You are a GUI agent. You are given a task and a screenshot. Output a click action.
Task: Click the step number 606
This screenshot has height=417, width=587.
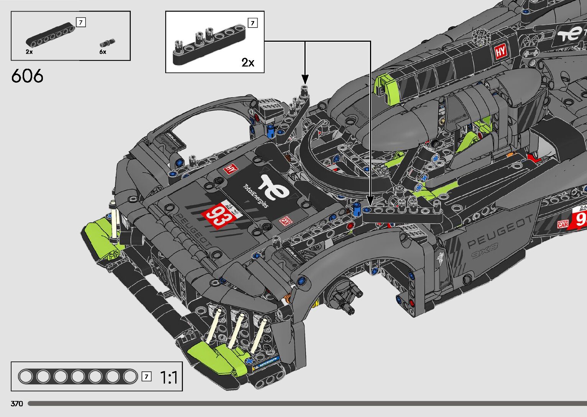27,76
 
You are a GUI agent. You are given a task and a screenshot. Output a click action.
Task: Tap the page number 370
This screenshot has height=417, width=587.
17,404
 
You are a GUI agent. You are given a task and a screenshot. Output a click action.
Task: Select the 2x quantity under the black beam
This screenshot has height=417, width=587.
29,52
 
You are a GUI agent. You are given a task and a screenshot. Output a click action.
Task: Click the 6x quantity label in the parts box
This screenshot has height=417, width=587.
103,52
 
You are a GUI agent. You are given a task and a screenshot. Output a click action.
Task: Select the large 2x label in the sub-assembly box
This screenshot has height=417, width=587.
248,62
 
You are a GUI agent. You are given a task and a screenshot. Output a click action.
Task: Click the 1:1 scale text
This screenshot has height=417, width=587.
168,378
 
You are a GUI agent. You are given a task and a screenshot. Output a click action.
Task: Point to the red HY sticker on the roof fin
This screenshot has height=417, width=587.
501,52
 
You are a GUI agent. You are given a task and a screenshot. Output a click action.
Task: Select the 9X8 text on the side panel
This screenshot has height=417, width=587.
485,251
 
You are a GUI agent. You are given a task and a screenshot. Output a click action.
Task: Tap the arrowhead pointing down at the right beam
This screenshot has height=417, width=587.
370,200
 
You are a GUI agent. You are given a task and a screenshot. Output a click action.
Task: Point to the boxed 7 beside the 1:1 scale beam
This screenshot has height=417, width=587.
146,376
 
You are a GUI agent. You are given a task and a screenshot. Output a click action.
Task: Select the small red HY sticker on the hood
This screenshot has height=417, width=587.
231,168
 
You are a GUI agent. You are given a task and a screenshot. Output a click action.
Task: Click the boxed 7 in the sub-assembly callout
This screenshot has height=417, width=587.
253,23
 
